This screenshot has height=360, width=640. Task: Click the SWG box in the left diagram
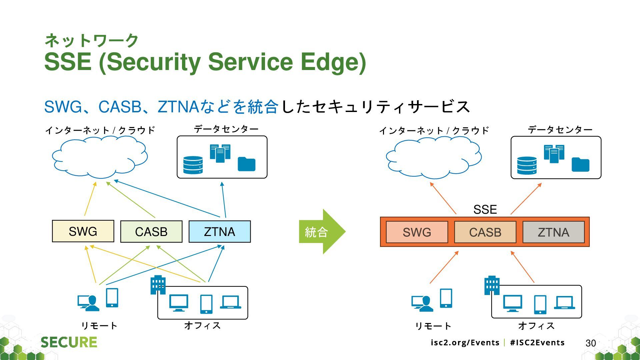(x=83, y=231)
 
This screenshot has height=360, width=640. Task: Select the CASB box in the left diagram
(x=151, y=231)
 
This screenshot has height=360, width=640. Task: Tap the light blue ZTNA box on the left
(x=220, y=231)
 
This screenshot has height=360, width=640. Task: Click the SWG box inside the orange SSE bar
(x=417, y=232)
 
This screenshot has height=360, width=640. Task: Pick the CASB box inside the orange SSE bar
(x=485, y=232)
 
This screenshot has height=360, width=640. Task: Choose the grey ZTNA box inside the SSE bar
(x=554, y=232)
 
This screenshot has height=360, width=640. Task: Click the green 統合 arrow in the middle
(x=322, y=232)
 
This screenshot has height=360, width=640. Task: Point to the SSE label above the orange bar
(x=485, y=209)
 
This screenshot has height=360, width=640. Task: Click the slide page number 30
(x=591, y=343)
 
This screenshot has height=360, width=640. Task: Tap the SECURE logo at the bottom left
(x=69, y=342)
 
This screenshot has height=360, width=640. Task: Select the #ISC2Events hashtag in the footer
(x=537, y=343)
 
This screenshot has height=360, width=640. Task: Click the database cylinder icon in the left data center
(x=193, y=165)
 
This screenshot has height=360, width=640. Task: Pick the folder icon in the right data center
(x=580, y=165)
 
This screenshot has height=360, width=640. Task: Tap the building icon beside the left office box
(x=158, y=285)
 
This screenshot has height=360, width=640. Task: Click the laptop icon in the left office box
(x=231, y=302)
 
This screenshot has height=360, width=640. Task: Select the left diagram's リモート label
(x=99, y=326)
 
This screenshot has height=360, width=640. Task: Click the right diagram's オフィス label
(x=536, y=326)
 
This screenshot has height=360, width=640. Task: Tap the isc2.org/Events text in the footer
(x=465, y=343)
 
